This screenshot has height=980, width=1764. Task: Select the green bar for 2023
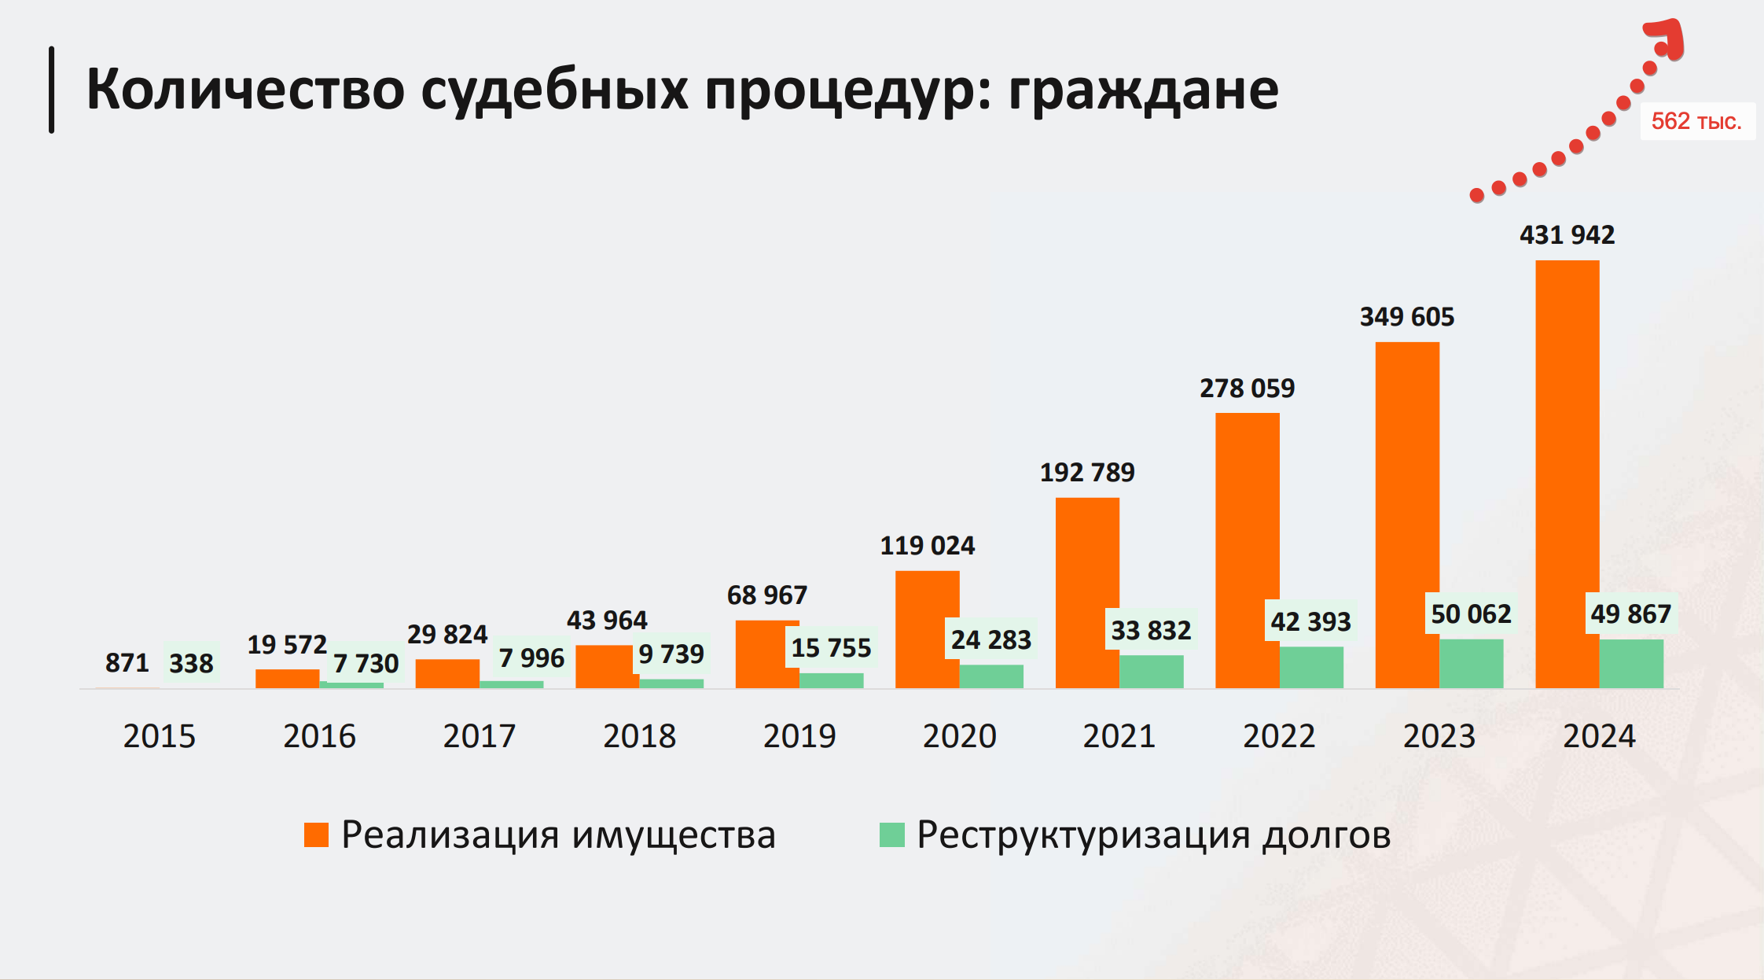[x=1471, y=664]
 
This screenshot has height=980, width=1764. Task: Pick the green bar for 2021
[x=1151, y=672]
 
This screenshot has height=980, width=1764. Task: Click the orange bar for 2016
[x=287, y=679]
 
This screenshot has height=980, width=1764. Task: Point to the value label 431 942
[x=1567, y=234]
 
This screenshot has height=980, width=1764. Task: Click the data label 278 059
[x=1247, y=388]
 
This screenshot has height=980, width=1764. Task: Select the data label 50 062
[x=1471, y=613]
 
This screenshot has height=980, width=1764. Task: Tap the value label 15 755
[x=831, y=647]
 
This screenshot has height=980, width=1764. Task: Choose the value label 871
[x=127, y=662]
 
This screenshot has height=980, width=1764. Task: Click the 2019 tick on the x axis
[x=799, y=736]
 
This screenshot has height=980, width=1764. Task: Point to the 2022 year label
[x=1279, y=736]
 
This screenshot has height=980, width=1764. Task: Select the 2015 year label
[x=159, y=736]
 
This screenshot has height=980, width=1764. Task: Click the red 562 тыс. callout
[x=1696, y=121]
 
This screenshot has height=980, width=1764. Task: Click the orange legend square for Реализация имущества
[x=316, y=834]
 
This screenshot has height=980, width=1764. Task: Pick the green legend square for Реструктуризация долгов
[x=891, y=834]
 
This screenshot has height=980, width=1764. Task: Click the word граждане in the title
[x=1143, y=90]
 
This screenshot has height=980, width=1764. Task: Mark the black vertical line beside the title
[x=52, y=90]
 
